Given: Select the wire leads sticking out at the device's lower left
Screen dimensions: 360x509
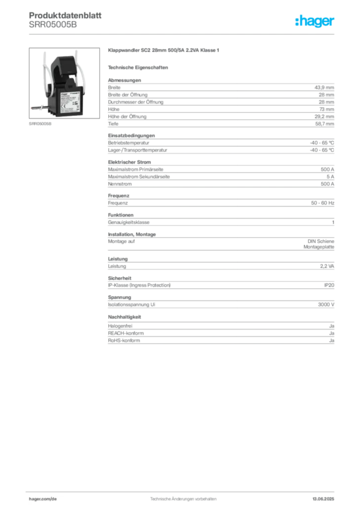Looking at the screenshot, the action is click(x=36, y=105).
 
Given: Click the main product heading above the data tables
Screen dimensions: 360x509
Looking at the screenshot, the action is click(x=164, y=51).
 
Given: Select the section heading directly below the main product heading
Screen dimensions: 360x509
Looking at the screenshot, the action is click(x=139, y=67).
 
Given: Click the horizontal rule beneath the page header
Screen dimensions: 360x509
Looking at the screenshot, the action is click(x=183, y=34).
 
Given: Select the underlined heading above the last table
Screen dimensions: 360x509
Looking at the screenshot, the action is click(x=125, y=317).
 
